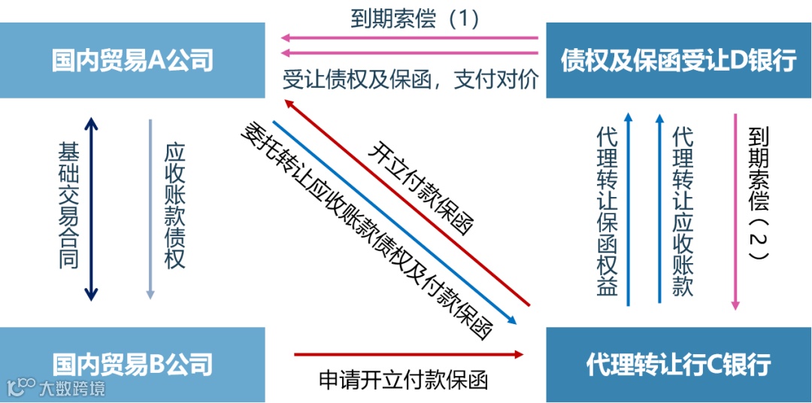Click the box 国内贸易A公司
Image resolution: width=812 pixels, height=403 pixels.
tap(132, 60)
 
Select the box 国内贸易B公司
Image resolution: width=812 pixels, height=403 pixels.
tap(132, 365)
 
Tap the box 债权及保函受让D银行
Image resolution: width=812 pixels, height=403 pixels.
tap(678, 60)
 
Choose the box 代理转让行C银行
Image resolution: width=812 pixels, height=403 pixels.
tap(678, 365)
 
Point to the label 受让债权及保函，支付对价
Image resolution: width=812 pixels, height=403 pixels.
tap(411, 80)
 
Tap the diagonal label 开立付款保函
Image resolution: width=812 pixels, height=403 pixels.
tap(421, 188)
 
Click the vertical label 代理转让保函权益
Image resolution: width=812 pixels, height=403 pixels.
tap(607, 211)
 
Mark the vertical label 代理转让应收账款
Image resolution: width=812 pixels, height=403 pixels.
tap(683, 211)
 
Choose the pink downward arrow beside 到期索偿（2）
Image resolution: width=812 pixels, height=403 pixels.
tap(735, 211)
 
